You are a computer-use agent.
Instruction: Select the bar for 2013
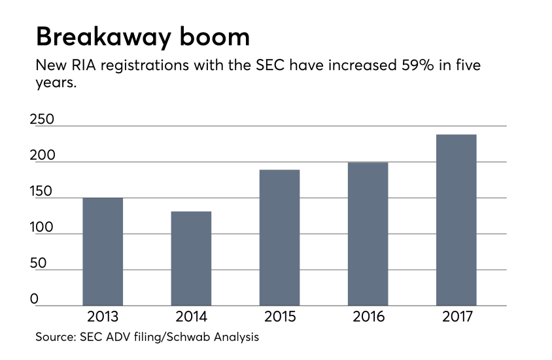tap(103, 251)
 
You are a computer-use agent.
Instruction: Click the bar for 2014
tap(191, 258)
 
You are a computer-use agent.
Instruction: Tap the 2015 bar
tap(279, 238)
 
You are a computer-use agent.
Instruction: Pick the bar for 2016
tap(368, 234)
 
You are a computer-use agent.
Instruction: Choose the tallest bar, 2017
tap(456, 220)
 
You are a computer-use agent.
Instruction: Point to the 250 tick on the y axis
tap(43, 120)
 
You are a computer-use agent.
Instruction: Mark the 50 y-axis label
tap(39, 264)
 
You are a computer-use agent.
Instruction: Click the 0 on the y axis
tap(35, 300)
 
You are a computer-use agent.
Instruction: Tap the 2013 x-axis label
tap(103, 317)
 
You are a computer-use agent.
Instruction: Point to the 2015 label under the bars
tap(279, 317)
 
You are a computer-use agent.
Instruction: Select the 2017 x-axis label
tap(456, 317)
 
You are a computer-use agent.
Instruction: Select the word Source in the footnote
tap(54, 338)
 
